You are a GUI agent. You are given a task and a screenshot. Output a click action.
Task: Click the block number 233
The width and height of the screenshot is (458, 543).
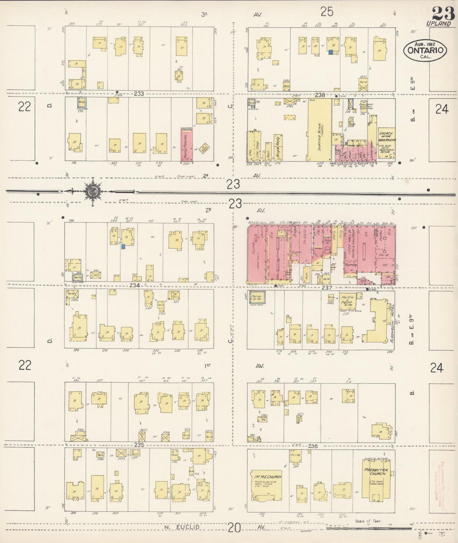click(139, 94)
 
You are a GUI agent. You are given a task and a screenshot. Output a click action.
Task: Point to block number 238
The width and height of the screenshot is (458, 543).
click(320, 94)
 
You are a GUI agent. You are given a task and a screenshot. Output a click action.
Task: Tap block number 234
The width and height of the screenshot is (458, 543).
click(135, 285)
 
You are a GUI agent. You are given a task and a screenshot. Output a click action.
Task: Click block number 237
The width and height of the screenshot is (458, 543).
click(326, 288)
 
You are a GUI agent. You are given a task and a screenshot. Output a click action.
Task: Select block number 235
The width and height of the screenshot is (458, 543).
click(139, 445)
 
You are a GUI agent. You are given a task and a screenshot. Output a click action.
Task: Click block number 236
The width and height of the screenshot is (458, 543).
click(313, 446)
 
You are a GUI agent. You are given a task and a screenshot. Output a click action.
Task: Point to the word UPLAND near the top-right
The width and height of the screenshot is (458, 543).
click(439, 23)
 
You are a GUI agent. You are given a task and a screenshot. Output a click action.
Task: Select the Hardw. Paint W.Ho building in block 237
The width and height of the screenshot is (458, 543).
click(348, 301)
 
